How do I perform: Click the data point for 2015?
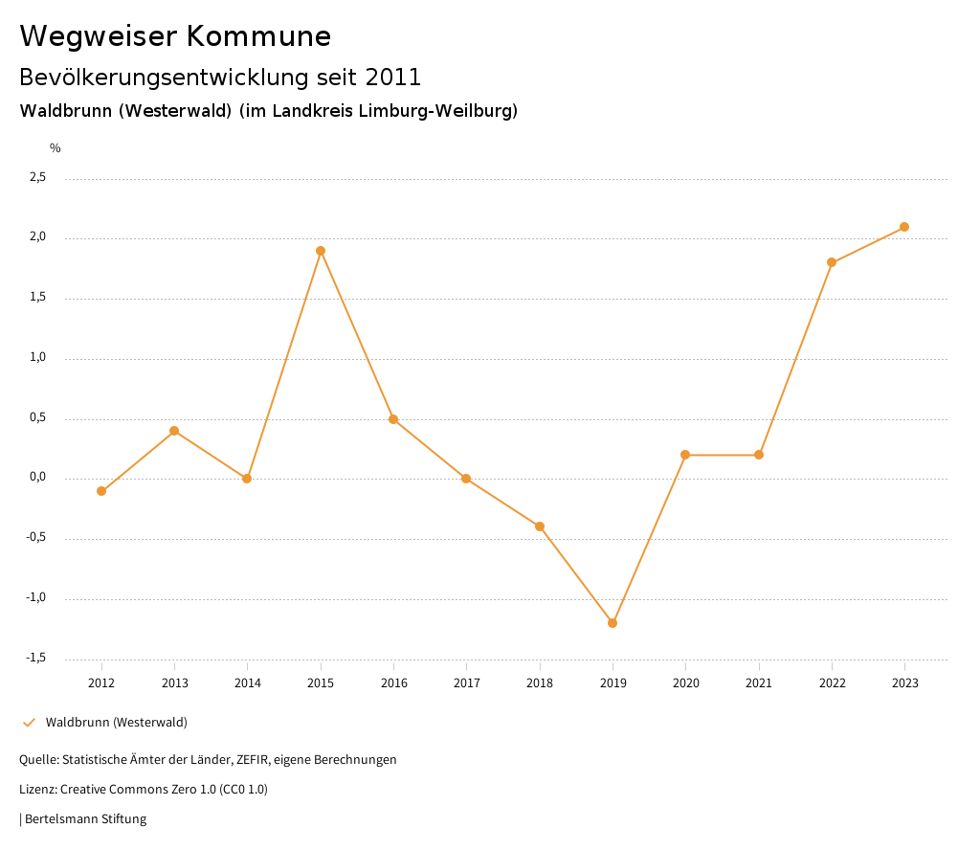pos(321,251)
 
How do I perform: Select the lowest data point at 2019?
pos(612,623)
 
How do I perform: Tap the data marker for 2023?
pos(904,227)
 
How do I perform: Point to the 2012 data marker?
pos(101,491)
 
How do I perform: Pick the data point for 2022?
pos(832,262)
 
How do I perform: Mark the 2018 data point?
pos(540,526)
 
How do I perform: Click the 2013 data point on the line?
pos(174,431)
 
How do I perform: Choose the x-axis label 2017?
pos(466,682)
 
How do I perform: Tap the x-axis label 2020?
pos(685,682)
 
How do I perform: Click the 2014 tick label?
pos(247,682)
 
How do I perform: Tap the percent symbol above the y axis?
pos(56,148)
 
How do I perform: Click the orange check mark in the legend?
pos(29,723)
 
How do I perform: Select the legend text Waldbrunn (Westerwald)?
pos(116,723)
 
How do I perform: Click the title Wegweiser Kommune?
pos(175,36)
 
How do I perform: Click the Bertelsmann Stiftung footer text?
pos(85,819)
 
